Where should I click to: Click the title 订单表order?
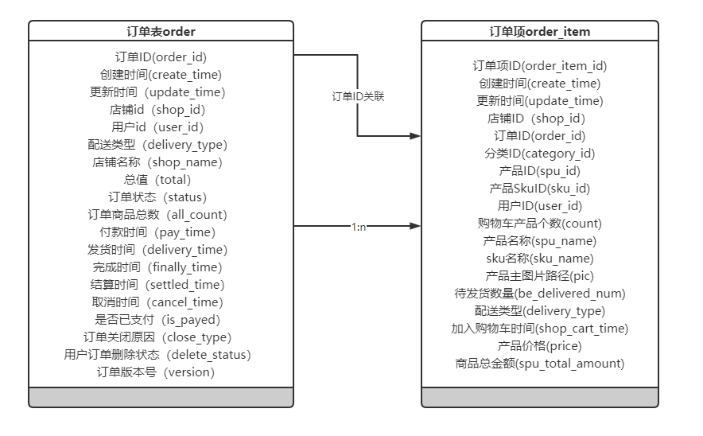point(161,31)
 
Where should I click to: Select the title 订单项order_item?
point(539,31)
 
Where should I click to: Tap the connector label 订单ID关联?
point(358,95)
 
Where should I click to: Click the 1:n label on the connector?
point(358,227)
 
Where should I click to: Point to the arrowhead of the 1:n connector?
point(415,227)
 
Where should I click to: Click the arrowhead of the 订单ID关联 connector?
point(415,136)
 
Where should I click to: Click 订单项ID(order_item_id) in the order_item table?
point(539,66)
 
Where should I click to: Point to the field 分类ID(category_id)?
point(539,154)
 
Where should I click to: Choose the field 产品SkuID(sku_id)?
point(539,189)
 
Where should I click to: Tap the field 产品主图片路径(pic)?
point(539,276)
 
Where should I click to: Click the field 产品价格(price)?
point(539,346)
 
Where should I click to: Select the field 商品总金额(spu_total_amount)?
point(539,364)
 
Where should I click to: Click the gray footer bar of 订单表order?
point(161,397)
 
